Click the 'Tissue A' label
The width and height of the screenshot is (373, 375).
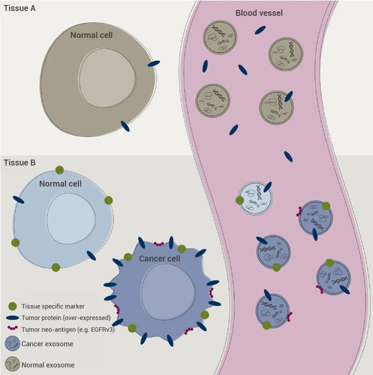(x=19, y=8)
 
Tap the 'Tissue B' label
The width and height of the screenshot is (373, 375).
(x=19, y=163)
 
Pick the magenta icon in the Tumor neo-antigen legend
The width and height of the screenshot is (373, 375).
(x=14, y=328)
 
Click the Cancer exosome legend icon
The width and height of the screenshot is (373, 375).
(x=14, y=344)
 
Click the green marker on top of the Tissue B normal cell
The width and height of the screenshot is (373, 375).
(x=59, y=170)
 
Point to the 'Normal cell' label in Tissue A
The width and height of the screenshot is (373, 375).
(x=91, y=35)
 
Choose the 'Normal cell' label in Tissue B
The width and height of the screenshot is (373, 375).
(x=60, y=184)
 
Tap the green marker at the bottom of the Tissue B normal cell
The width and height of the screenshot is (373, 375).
(x=56, y=267)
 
